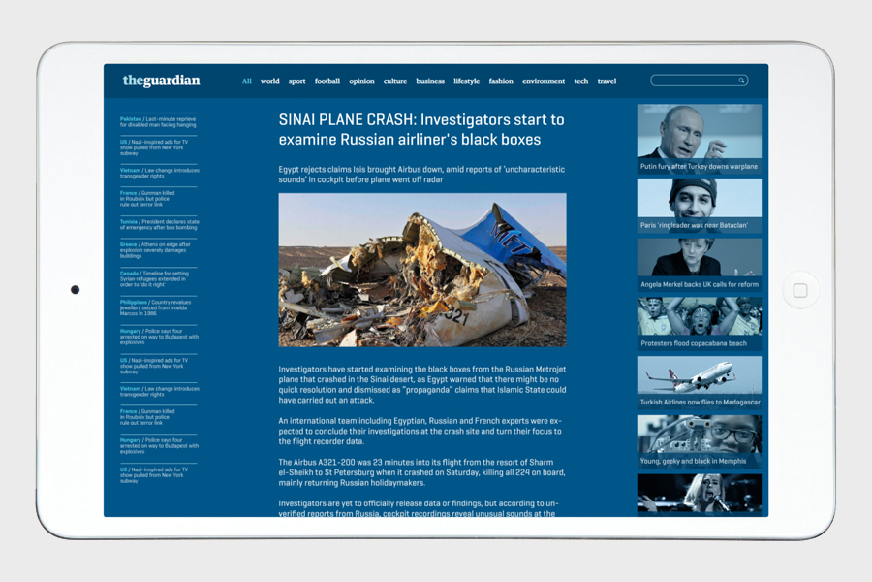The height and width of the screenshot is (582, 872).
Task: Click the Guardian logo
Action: click(x=161, y=81)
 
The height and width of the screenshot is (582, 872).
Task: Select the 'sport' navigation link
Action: click(x=296, y=81)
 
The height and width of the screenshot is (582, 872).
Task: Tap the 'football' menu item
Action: click(x=327, y=81)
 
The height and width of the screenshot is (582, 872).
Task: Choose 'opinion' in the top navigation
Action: click(x=361, y=81)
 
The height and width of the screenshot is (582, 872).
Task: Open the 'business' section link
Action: click(x=430, y=81)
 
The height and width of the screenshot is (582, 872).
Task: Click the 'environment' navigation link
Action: click(x=544, y=81)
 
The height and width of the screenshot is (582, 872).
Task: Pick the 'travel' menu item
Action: click(x=607, y=81)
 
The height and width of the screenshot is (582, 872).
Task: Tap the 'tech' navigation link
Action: click(x=580, y=81)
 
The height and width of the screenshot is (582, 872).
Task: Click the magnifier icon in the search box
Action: click(x=742, y=81)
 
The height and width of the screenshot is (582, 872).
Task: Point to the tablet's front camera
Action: click(x=75, y=290)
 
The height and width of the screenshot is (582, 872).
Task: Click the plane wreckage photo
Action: click(x=422, y=270)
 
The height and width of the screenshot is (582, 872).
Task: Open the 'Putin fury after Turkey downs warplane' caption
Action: click(x=699, y=167)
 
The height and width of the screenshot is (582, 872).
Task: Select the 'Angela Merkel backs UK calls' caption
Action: click(x=699, y=285)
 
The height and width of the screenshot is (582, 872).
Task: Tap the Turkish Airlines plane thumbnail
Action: click(x=699, y=375)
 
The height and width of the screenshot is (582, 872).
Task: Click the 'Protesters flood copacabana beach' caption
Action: click(x=694, y=343)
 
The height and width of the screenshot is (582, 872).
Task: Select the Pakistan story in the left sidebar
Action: click(x=158, y=122)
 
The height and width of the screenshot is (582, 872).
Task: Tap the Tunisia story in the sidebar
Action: click(x=158, y=225)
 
